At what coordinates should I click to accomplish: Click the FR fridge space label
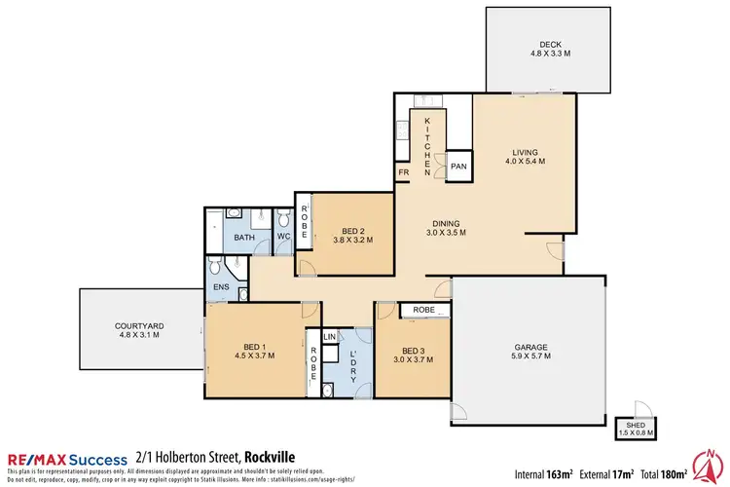click(x=403, y=174)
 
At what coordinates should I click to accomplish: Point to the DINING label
click(x=446, y=221)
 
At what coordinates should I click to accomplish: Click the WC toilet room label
click(x=284, y=235)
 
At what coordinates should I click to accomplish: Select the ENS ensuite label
click(x=220, y=287)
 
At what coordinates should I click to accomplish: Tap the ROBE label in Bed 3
click(x=424, y=311)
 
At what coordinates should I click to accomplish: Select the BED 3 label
click(x=413, y=351)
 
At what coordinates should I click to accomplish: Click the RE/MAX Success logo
click(x=67, y=458)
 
